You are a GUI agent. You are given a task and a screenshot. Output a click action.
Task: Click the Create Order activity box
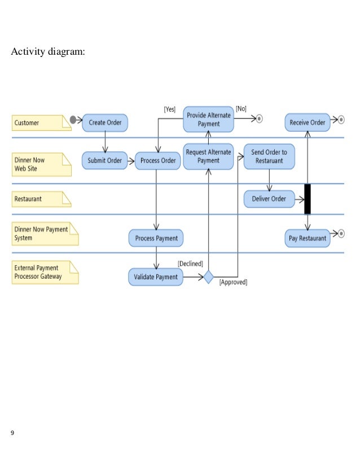(x=105, y=122)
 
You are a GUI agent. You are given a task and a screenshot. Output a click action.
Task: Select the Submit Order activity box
(x=104, y=160)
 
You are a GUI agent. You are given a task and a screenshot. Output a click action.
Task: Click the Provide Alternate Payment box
(x=208, y=120)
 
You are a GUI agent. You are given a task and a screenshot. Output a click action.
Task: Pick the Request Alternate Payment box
(x=208, y=156)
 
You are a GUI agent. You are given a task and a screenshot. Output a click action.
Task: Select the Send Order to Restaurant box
(x=269, y=156)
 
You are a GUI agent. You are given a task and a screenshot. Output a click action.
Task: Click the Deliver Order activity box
(x=269, y=199)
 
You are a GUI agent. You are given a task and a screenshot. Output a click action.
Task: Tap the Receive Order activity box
(x=307, y=122)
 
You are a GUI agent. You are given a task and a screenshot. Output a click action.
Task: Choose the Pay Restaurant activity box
(x=307, y=238)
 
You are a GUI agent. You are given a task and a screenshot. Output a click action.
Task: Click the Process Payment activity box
(x=156, y=238)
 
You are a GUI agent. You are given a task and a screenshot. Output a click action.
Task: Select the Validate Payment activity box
(x=156, y=276)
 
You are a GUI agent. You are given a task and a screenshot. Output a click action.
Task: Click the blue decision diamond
(x=208, y=277)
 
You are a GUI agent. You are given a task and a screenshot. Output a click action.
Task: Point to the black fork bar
(x=308, y=199)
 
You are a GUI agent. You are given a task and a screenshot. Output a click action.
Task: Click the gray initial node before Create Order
(x=73, y=120)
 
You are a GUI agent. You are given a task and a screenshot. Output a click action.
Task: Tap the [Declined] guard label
(x=191, y=263)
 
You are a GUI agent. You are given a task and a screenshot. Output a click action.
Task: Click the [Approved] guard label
(x=233, y=282)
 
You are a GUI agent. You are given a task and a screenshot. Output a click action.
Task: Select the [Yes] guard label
(x=169, y=109)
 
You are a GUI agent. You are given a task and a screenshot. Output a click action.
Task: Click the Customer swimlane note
(x=41, y=122)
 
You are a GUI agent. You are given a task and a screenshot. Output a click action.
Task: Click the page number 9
(x=13, y=433)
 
